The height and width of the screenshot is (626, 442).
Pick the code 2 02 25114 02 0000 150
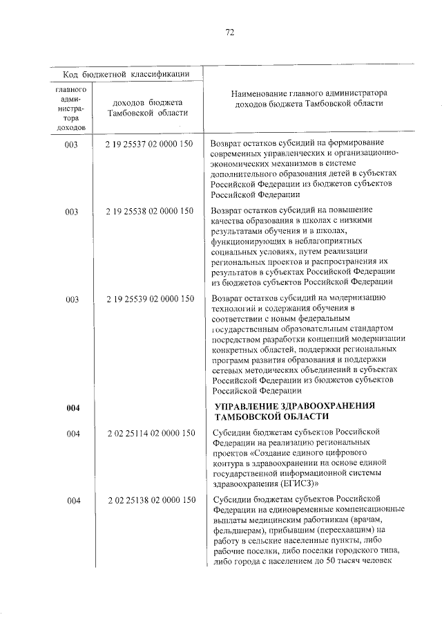[x=149, y=433]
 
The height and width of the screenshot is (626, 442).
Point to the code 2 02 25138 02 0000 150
[x=149, y=499]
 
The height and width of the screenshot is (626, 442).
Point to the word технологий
[x=236, y=309]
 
